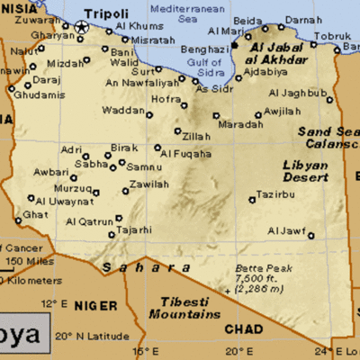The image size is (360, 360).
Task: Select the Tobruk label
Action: click(330, 37)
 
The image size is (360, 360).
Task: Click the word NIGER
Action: click(95, 305)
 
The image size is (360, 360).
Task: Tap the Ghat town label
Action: click(34, 215)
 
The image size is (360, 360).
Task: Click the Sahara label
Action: click(132, 267)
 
